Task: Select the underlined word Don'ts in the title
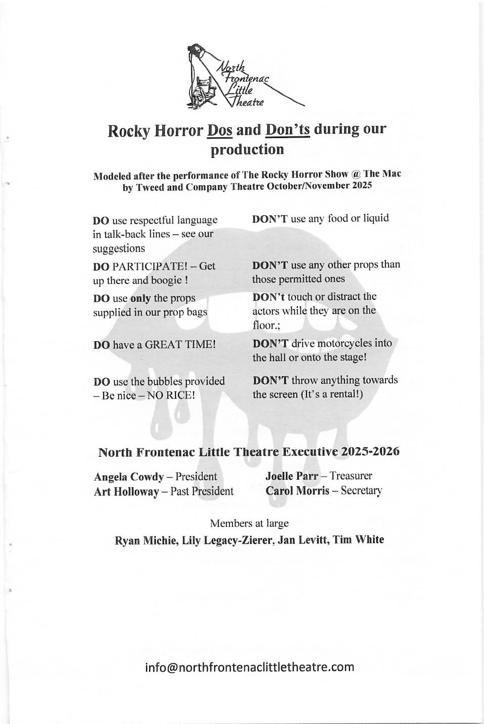point(287,130)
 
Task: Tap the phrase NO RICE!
point(170,395)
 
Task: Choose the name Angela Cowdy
point(128,477)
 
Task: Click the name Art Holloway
point(126,491)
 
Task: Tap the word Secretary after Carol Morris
point(361,490)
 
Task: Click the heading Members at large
point(249,523)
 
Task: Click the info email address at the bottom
point(249,667)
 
